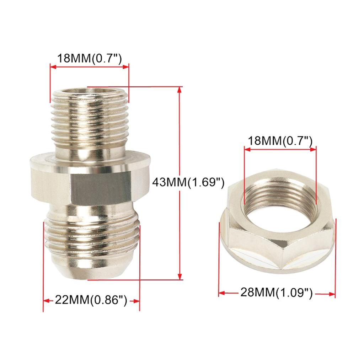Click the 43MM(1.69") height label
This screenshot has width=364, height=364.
point(188,182)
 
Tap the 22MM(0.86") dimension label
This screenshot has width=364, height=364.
point(91,300)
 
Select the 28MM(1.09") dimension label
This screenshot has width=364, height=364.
point(277,293)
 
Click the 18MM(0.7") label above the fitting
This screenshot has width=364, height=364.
point(90,58)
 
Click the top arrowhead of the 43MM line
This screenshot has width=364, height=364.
point(180,90)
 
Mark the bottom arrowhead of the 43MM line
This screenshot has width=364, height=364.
point(180,277)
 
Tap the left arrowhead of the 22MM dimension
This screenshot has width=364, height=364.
point(46,301)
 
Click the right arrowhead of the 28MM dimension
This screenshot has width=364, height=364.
point(332,294)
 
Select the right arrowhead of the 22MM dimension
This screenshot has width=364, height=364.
point(136,301)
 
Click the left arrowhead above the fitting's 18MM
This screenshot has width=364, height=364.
point(53,66)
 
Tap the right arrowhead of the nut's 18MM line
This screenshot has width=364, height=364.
point(313,149)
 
